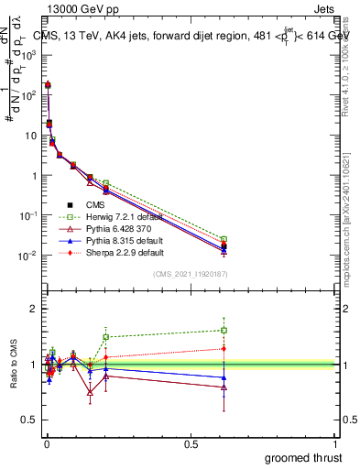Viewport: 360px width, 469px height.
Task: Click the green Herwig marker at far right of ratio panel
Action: coord(224,330)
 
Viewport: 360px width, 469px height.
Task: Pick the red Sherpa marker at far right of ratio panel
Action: coord(224,348)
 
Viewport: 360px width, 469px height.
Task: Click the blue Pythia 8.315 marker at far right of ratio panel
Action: coord(224,377)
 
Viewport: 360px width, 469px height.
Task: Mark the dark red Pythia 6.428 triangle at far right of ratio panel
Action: coord(224,387)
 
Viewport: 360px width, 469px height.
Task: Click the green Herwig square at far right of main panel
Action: coord(224,239)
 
